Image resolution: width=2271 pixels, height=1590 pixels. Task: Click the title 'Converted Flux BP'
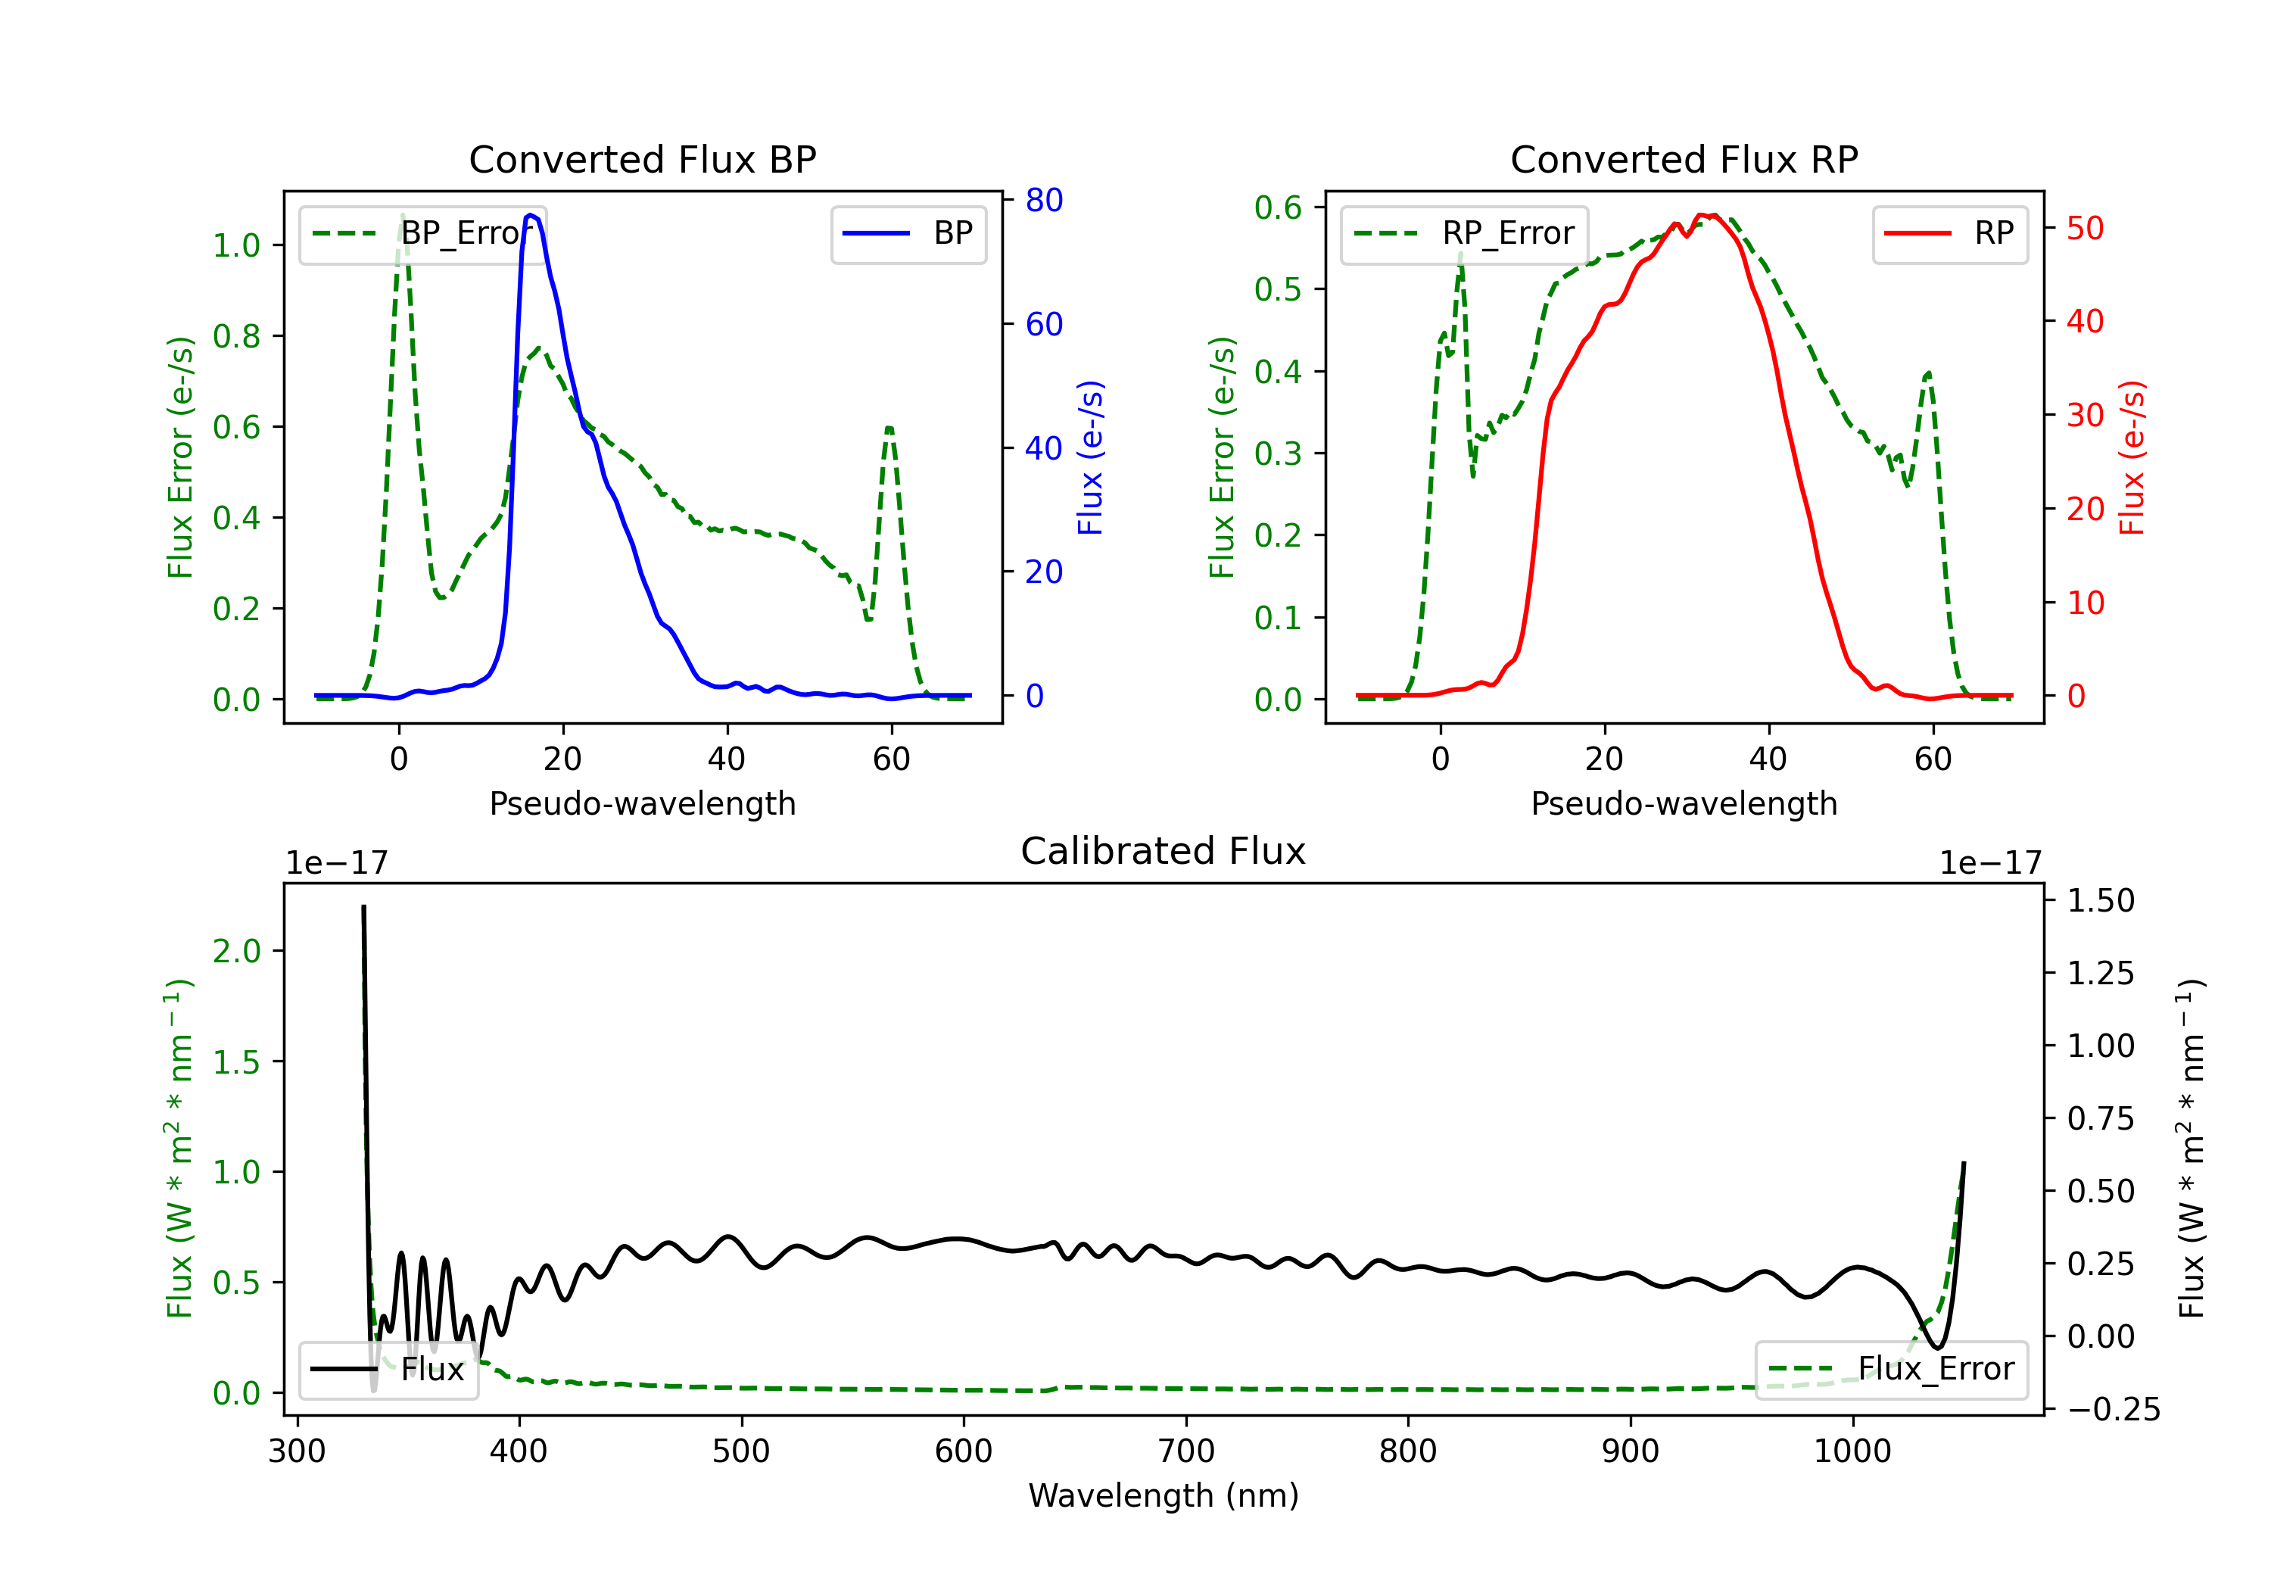tap(642, 159)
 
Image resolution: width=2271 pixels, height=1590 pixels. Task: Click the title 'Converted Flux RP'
tap(1684, 159)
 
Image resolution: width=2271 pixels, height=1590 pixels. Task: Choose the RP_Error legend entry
tap(1464, 233)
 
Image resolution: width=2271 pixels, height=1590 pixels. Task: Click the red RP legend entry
tap(1949, 233)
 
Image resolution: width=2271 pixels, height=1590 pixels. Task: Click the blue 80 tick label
tap(1043, 200)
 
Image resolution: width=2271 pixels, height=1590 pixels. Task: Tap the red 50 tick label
tap(2085, 229)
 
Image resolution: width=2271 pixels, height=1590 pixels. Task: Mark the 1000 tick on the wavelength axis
tap(1852, 1451)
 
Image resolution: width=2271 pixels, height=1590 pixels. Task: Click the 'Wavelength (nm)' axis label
tap(1164, 1495)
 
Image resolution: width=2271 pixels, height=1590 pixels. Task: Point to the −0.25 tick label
tap(2113, 1409)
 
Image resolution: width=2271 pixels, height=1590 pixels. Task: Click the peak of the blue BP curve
tap(531, 215)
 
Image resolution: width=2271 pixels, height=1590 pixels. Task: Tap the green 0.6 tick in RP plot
tap(1278, 207)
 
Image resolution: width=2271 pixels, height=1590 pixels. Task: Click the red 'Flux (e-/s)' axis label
tap(2132, 457)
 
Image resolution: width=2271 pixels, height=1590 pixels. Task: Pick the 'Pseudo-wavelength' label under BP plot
tap(642, 803)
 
